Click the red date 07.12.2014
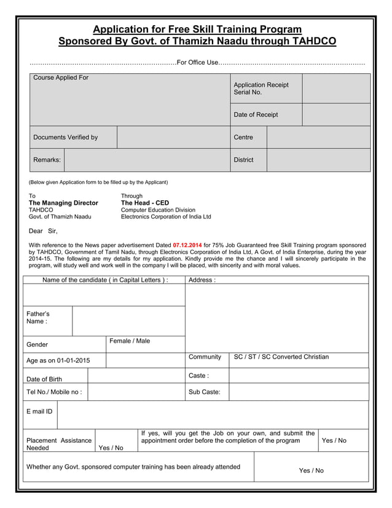[187, 245]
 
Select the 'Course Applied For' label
[60, 78]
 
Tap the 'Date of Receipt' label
[256, 115]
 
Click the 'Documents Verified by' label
[65, 137]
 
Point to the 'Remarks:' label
[47, 160]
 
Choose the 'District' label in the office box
[243, 160]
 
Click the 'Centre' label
[243, 137]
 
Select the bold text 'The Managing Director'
[63, 203]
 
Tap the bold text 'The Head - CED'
[145, 203]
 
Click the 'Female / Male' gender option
[129, 341]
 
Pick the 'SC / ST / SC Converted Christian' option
[281, 357]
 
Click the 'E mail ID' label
[39, 411]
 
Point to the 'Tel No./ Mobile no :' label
[54, 392]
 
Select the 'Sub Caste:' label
[204, 392]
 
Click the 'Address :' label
[202, 280]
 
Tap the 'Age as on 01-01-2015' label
[58, 360]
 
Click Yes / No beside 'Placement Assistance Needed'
[111, 448]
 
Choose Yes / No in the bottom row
[311, 470]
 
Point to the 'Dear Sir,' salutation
[43, 231]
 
